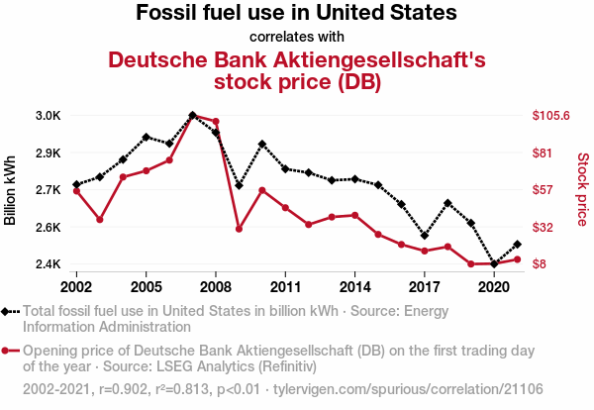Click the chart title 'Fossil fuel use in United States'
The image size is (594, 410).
(x=296, y=14)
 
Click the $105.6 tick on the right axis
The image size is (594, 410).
(x=551, y=116)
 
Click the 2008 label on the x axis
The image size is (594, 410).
(x=216, y=287)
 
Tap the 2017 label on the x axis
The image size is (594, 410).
(x=425, y=287)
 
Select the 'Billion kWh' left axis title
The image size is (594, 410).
(x=12, y=190)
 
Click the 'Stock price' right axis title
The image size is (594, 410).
(x=582, y=188)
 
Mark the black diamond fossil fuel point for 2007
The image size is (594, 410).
(x=192, y=115)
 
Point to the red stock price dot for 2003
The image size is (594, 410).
(x=100, y=220)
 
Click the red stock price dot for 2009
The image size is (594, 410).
(x=239, y=229)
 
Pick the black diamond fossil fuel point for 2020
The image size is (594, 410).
(x=494, y=264)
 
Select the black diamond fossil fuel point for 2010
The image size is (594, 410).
(x=262, y=144)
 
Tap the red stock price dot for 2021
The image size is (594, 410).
(x=517, y=259)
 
